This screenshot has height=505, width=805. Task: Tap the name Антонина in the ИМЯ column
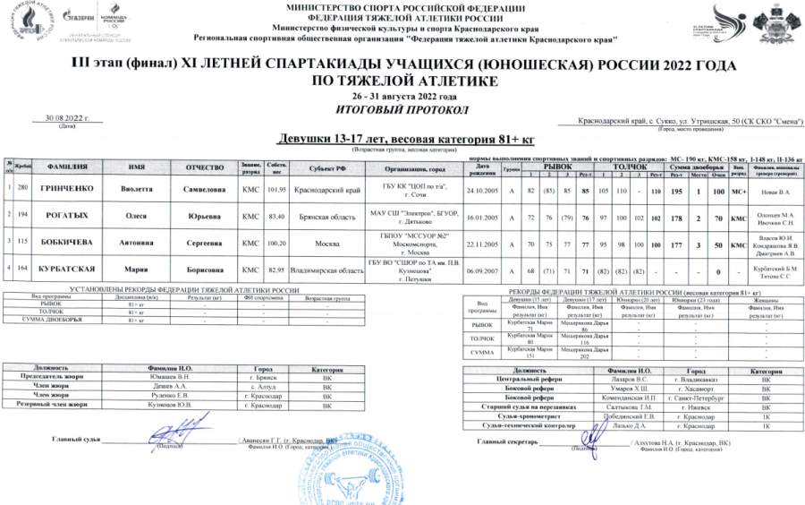(x=136, y=243)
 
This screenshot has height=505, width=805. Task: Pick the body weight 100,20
(x=276, y=243)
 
